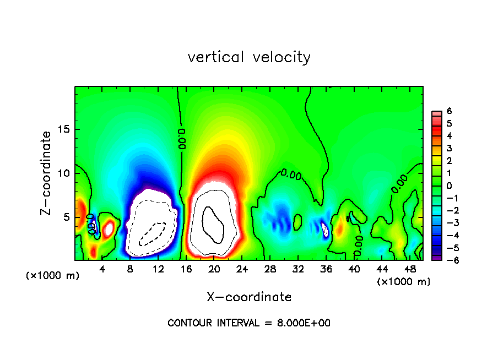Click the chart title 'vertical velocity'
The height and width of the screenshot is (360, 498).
point(249,57)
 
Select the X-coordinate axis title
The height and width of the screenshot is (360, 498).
point(249,297)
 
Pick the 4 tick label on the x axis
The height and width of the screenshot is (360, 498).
point(102,269)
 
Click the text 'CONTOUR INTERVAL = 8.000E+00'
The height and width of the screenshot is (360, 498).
point(249,323)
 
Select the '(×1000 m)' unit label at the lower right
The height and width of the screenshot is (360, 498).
point(404,282)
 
